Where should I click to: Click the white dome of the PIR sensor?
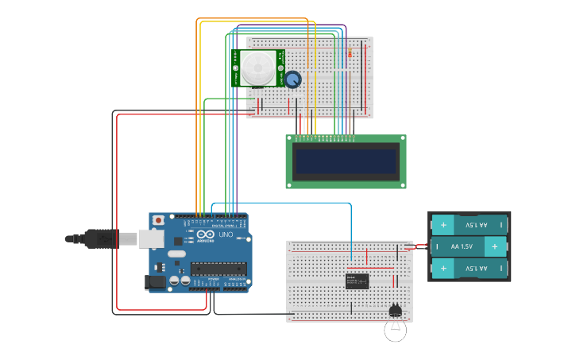pyautogui.click(x=258, y=68)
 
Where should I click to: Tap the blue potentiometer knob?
pyautogui.click(x=293, y=79)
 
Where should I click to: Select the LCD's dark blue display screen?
pyautogui.click(x=346, y=161)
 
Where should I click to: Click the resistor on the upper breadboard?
pyautogui.click(x=351, y=53)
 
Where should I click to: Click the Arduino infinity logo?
pyautogui.click(x=206, y=235)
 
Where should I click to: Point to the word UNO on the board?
pyautogui.click(x=225, y=235)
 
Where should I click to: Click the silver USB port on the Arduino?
pyautogui.click(x=151, y=238)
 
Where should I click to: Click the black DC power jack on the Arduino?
pyautogui.click(x=154, y=281)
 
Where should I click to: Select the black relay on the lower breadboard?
pyautogui.click(x=358, y=281)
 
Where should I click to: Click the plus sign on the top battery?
pyautogui.click(x=443, y=225)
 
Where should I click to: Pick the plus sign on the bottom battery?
pyautogui.click(x=443, y=269)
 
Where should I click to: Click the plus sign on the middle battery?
pyautogui.click(x=495, y=246)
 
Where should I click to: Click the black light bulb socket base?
pyautogui.click(x=395, y=311)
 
